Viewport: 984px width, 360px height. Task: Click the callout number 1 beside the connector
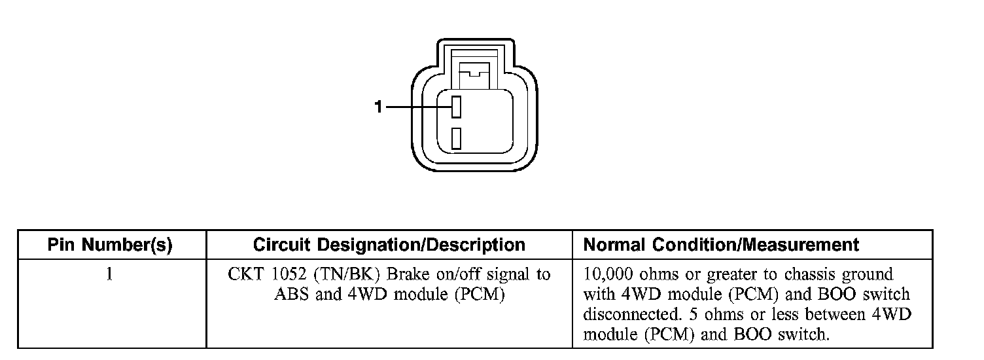[378, 107]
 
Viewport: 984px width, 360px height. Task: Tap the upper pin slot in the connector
[457, 107]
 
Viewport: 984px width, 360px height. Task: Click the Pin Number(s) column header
[110, 245]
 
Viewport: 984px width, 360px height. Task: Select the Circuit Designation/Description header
[389, 245]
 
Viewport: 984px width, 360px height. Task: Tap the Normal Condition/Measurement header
[720, 245]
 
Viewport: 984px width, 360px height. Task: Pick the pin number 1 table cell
[110, 274]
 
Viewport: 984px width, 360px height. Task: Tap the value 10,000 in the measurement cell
[606, 274]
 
